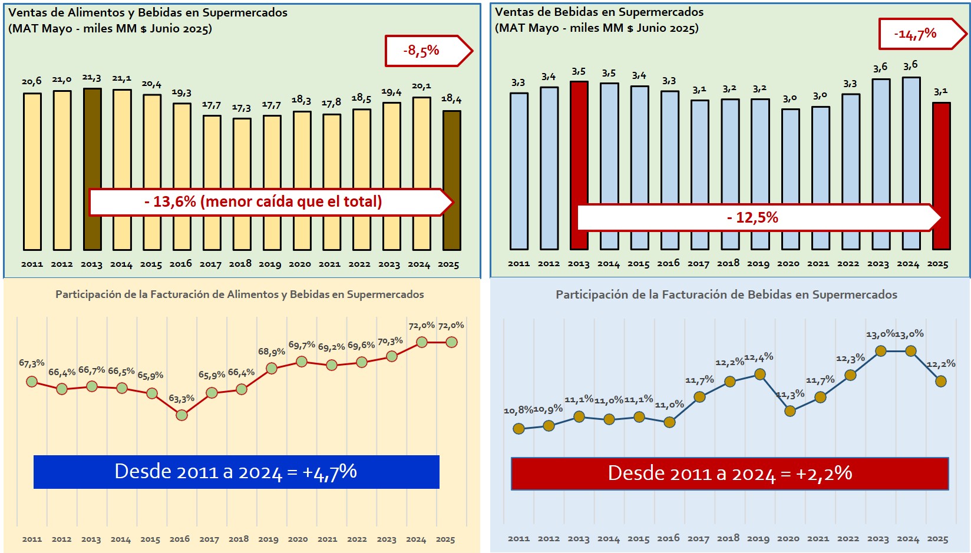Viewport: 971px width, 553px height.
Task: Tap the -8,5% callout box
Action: pyautogui.click(x=422, y=51)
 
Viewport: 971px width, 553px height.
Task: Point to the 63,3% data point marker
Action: pyautogui.click(x=182, y=415)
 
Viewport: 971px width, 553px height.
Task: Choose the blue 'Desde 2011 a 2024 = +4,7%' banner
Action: pyautogui.click(x=236, y=472)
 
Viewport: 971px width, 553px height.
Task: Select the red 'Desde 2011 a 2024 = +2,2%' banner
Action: pyautogui.click(x=729, y=473)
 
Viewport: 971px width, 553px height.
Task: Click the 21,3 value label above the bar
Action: pyautogui.click(x=91, y=78)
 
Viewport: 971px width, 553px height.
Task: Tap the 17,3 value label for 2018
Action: pyautogui.click(x=241, y=108)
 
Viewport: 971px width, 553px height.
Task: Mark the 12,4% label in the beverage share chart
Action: pyautogui.click(x=759, y=357)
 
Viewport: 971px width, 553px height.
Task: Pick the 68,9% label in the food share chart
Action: pyautogui.click(x=272, y=352)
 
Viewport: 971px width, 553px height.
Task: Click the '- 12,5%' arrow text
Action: pyautogui.click(x=752, y=218)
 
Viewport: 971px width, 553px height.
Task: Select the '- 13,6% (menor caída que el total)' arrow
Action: pyautogui.click(x=263, y=202)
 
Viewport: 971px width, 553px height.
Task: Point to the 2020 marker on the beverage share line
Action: pyautogui.click(x=790, y=411)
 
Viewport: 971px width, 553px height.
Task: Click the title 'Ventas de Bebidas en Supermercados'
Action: pyautogui.click(x=599, y=12)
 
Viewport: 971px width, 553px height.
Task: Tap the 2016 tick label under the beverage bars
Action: pyautogui.click(x=668, y=263)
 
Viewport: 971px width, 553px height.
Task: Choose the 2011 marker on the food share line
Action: pyautogui.click(x=32, y=382)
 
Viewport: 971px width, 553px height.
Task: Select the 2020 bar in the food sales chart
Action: pyautogui.click(x=302, y=177)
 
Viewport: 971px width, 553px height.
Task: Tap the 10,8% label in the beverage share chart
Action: pyautogui.click(x=518, y=410)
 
